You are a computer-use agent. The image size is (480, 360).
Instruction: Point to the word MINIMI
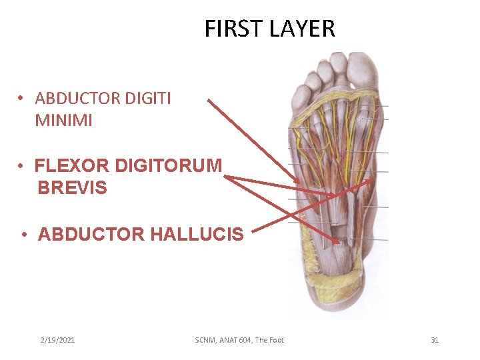pos(64,121)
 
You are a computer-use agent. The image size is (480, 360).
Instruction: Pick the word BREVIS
pos(72,187)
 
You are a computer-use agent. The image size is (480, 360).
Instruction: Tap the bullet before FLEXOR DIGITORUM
pos(22,165)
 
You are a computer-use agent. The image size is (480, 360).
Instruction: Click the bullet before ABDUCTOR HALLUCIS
pos(23,235)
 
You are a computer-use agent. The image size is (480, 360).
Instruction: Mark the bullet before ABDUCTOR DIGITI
pos(22,99)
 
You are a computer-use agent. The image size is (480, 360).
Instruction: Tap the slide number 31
pos(435,340)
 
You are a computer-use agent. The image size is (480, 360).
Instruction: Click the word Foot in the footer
pos(275,340)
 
